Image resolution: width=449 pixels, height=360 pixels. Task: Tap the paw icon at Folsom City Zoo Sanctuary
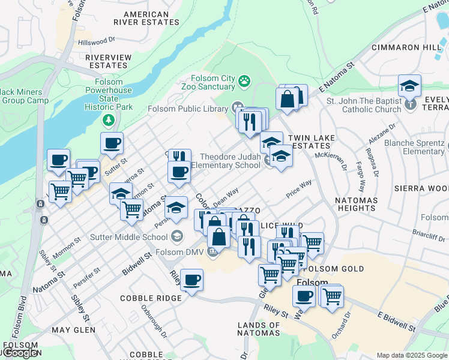point(244,80)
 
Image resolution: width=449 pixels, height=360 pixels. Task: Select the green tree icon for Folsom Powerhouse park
point(108,121)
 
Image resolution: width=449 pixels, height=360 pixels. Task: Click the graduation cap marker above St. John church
point(409,86)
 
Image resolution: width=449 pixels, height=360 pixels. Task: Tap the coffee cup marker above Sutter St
point(112,144)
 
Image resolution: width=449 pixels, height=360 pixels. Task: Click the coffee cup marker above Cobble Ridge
point(191,280)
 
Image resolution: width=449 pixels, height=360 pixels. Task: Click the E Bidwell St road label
point(397,322)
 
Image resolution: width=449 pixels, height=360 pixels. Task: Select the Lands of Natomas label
point(259,329)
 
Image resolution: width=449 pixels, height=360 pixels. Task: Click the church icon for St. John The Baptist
point(410,104)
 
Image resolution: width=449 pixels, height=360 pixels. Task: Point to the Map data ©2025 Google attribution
point(412,355)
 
